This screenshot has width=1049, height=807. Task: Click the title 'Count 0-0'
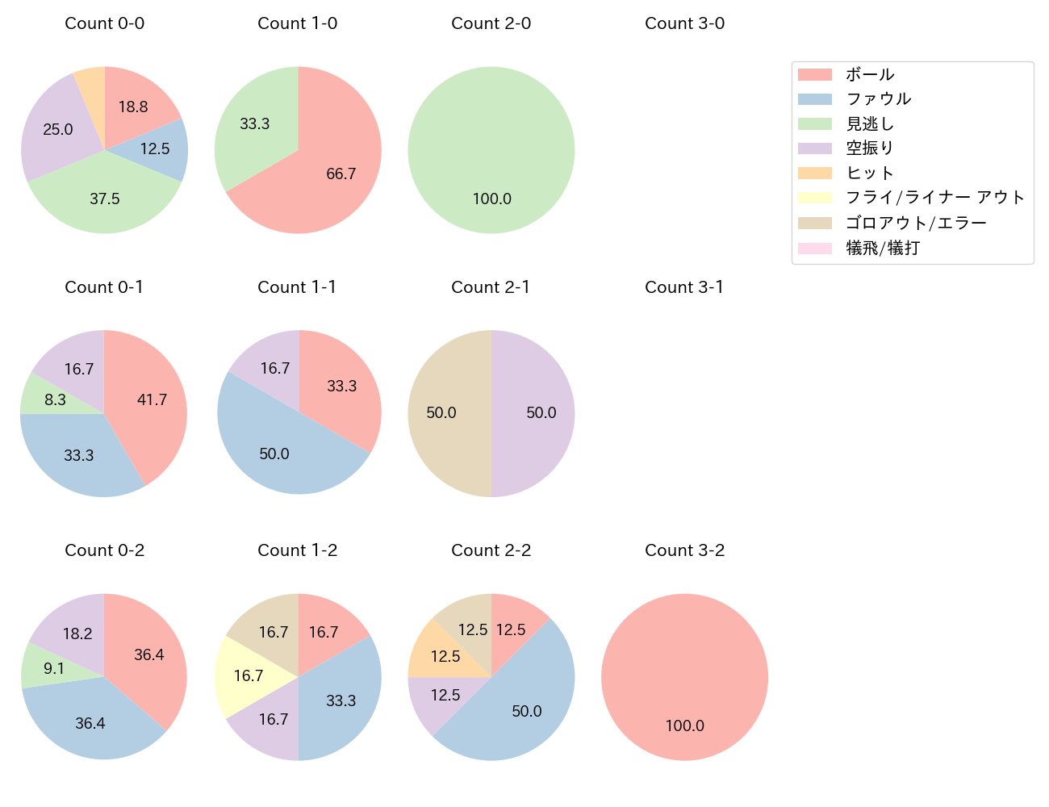[x=104, y=23]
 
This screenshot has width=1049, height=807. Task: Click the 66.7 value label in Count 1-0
[x=341, y=174]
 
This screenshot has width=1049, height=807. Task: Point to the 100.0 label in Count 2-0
[x=491, y=199]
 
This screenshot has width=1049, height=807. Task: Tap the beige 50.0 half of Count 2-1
[x=444, y=413]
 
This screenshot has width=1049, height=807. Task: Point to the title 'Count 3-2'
[x=684, y=550]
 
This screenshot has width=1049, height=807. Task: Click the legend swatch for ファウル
[x=814, y=99]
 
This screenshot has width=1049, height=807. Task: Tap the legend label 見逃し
[x=870, y=124]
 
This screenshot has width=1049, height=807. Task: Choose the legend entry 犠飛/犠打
[x=883, y=249]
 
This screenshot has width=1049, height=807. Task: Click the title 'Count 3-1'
[x=684, y=287]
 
